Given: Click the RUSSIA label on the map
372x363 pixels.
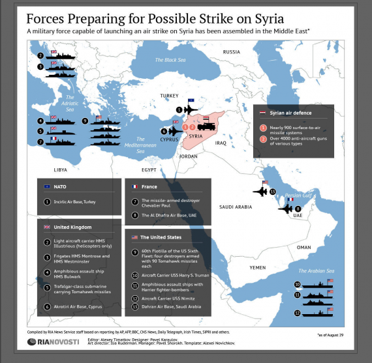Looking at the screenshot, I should tap(231, 51).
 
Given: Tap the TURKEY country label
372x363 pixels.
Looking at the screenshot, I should tap(169, 95).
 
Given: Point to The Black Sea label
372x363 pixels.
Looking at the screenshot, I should tap(169, 60).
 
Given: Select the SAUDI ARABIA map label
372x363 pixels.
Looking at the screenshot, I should tap(235, 207).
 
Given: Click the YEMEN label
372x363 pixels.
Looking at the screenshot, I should tap(257, 268).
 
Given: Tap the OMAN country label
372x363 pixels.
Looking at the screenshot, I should tap(304, 248).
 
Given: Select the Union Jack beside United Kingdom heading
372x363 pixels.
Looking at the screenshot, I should tap(47, 227).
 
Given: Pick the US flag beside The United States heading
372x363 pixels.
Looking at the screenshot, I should tap(134, 238).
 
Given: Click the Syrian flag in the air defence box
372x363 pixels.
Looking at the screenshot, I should tap(262, 112).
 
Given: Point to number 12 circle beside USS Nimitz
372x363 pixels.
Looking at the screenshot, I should tap(135, 297).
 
